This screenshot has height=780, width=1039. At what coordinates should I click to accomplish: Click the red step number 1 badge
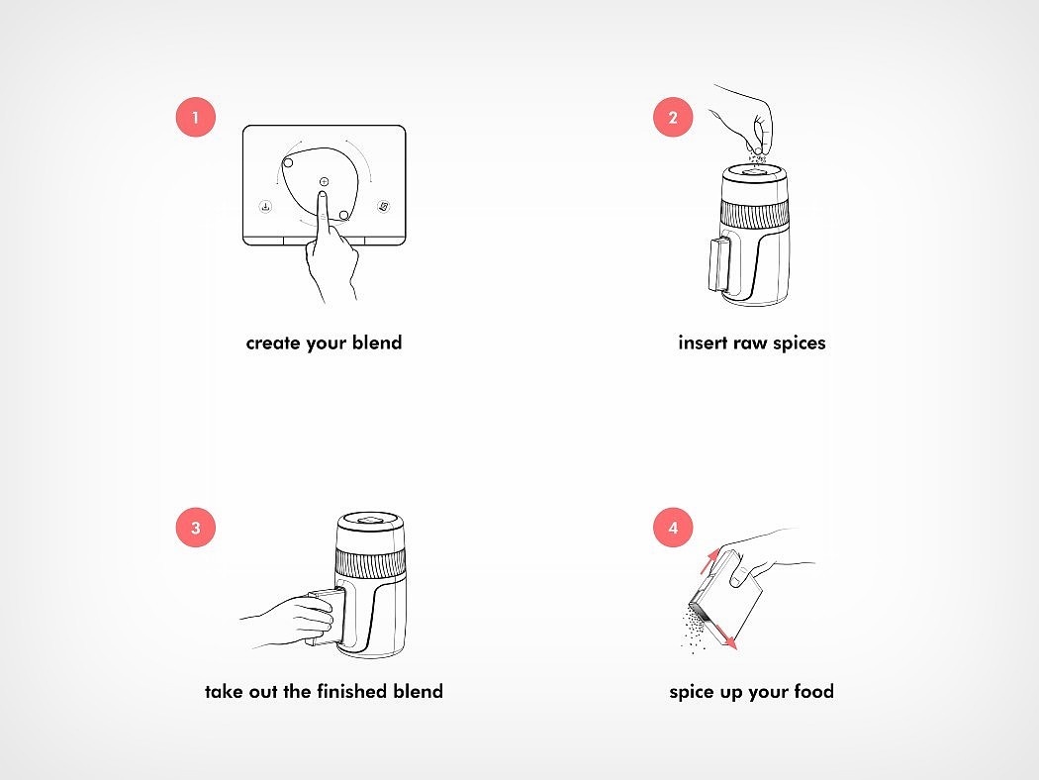(x=196, y=118)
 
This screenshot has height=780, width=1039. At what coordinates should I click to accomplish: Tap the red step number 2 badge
(x=673, y=118)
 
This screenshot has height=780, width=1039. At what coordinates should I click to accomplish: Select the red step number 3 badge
(x=196, y=528)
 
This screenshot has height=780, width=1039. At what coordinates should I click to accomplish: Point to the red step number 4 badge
(x=673, y=528)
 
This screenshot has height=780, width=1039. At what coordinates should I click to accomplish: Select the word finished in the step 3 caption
(x=352, y=691)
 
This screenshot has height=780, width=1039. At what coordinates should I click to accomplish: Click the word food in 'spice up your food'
(x=813, y=691)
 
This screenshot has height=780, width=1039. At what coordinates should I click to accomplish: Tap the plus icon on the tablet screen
(x=324, y=181)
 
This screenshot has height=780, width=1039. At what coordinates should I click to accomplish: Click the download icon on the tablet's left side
(x=265, y=207)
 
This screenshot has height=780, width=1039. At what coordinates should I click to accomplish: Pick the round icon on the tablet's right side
(x=383, y=207)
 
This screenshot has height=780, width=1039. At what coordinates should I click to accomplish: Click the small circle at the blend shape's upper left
(x=288, y=163)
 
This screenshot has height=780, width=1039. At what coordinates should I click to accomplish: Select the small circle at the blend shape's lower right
(x=344, y=216)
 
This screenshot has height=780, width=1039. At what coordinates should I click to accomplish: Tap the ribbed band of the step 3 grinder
(x=370, y=562)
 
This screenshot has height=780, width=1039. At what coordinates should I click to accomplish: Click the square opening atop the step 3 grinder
(x=370, y=519)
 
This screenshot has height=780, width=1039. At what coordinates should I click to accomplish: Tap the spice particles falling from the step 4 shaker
(x=695, y=631)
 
